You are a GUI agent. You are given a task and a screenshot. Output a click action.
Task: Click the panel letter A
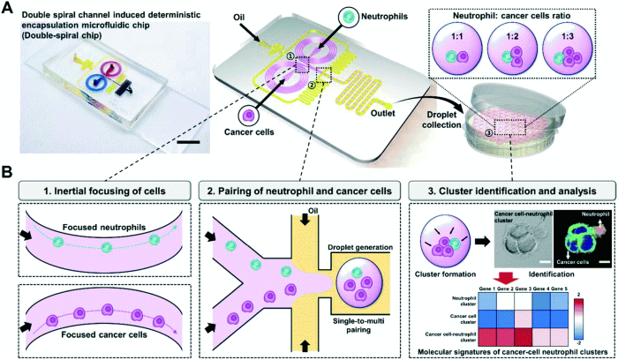tap(8, 8)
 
